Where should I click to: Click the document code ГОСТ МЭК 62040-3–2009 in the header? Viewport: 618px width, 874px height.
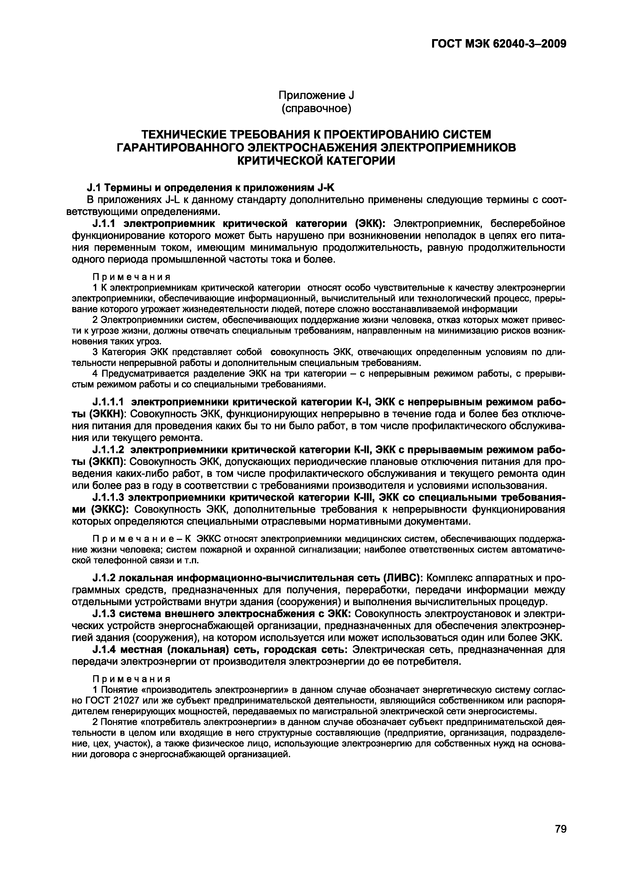pyautogui.click(x=499, y=44)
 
